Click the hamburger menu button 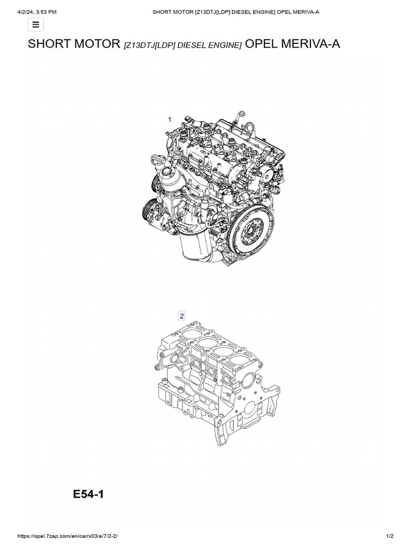coord(36,25)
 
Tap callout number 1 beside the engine coord(170,119)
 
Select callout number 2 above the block coord(181,316)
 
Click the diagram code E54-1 coord(88,494)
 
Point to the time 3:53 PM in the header coord(47,12)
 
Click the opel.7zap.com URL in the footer coord(67,536)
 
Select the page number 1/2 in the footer coord(390,536)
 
